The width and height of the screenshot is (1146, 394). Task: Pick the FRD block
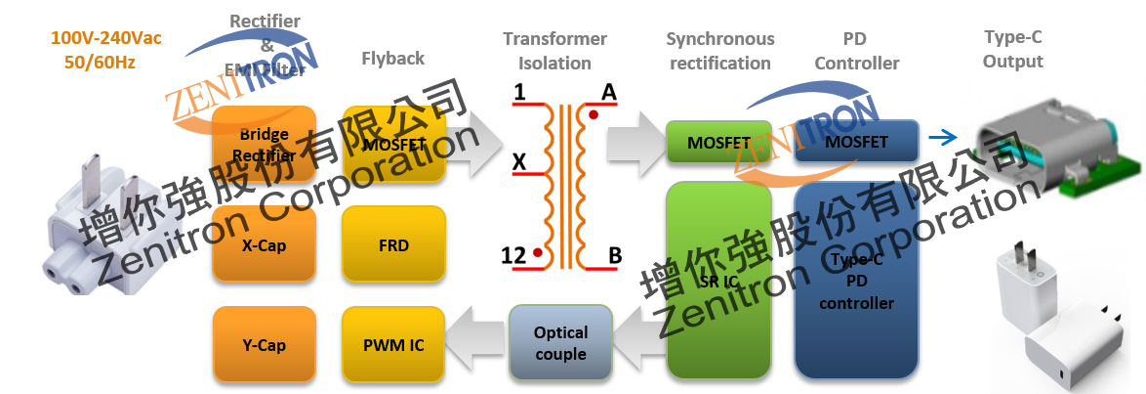394,245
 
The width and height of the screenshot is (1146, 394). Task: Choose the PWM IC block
394,344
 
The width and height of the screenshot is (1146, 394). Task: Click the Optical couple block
560,343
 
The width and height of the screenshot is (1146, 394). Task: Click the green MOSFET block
718,142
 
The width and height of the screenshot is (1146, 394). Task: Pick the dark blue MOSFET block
856,142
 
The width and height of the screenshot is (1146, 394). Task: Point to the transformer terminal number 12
514,256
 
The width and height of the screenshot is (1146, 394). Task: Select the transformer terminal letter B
615,256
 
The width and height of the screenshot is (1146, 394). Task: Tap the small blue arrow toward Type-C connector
943,139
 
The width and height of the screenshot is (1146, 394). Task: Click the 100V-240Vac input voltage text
106,39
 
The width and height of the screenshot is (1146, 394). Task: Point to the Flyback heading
392,59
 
